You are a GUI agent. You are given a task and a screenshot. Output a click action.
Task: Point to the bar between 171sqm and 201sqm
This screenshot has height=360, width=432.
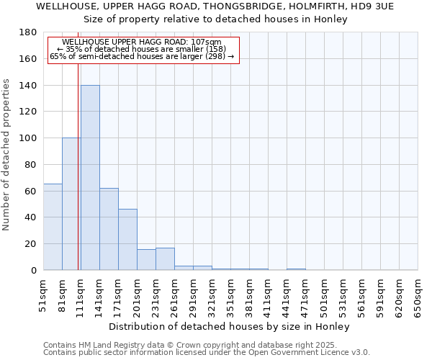coord(127,240)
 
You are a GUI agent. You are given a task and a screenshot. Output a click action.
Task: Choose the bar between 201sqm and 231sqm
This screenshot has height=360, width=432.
coord(146,260)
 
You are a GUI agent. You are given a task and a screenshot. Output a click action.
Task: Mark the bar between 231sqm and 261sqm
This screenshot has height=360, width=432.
coord(165,259)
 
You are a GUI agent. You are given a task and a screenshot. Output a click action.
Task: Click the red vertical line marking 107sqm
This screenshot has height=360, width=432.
coord(78,166)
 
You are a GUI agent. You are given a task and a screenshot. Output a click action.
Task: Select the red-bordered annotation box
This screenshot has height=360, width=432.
coord(143,50)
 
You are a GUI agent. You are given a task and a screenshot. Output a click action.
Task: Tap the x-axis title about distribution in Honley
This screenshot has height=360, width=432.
coord(230,326)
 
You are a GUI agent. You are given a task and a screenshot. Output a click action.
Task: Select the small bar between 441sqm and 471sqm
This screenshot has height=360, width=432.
coord(296,269)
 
